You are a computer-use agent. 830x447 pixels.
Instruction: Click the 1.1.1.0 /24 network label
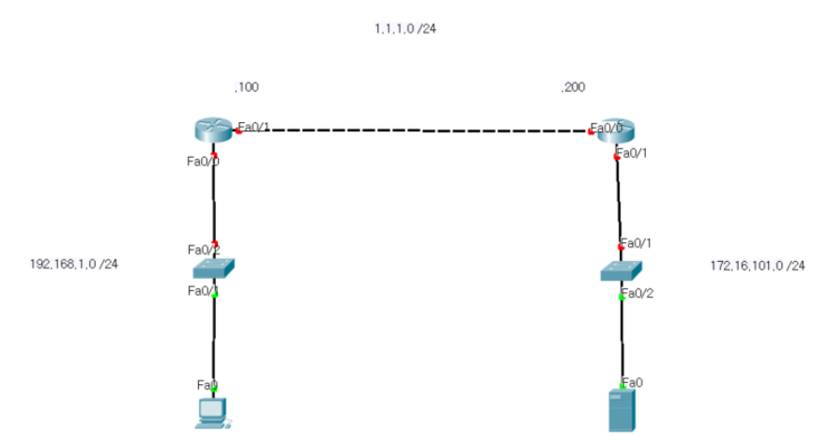point(405,29)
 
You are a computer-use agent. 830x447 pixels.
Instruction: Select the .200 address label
point(573,87)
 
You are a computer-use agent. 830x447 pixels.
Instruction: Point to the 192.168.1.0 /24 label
point(74,264)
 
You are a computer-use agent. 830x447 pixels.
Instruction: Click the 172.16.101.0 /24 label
point(757,266)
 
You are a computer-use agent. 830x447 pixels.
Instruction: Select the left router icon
point(213,130)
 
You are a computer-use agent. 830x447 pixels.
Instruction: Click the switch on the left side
point(214,269)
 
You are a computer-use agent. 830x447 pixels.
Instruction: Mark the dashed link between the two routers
point(413,131)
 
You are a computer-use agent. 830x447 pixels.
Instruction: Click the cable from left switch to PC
point(214,338)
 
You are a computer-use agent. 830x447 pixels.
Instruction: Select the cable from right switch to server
point(622,338)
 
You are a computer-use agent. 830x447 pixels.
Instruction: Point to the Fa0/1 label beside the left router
point(254,127)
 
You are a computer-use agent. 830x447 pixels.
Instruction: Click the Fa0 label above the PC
point(207,384)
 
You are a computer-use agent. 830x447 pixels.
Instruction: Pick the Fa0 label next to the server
point(634,382)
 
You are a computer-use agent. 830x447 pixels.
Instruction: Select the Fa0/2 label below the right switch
point(637,294)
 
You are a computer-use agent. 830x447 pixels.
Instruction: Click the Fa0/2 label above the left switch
point(203,250)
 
